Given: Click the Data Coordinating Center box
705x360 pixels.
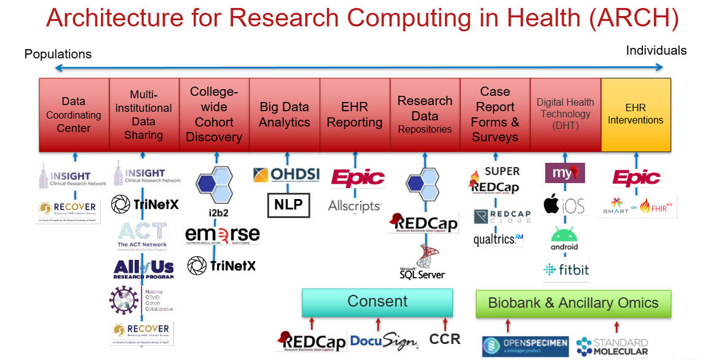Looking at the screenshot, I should coord(74,115).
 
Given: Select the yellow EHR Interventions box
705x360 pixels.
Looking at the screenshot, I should coord(636,115).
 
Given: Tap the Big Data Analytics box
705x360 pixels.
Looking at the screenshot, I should coord(285,115).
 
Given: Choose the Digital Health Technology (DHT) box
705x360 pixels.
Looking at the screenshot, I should coord(565,115).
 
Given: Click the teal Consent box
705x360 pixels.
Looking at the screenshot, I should coord(377,302).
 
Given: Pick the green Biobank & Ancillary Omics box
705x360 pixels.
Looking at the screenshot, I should coord(573,303).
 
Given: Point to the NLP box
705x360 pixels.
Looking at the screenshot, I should coord(289,205).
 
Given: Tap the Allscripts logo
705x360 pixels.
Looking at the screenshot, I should coord(355,206).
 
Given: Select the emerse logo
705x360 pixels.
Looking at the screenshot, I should coord(223,235).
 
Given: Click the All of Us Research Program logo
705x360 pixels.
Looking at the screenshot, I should coord(144,268).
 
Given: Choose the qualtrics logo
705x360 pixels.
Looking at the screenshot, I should coord(498,240).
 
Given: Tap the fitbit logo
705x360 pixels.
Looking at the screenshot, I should coord(566,270).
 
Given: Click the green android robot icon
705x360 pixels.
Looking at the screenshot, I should coord(564,236).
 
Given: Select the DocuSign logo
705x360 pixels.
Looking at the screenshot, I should coord(384,340).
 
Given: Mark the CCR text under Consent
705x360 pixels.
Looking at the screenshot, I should coord(444,339).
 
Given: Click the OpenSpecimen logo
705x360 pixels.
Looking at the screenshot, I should coord(525,346).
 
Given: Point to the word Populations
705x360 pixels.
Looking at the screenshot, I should coord(58,54).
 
